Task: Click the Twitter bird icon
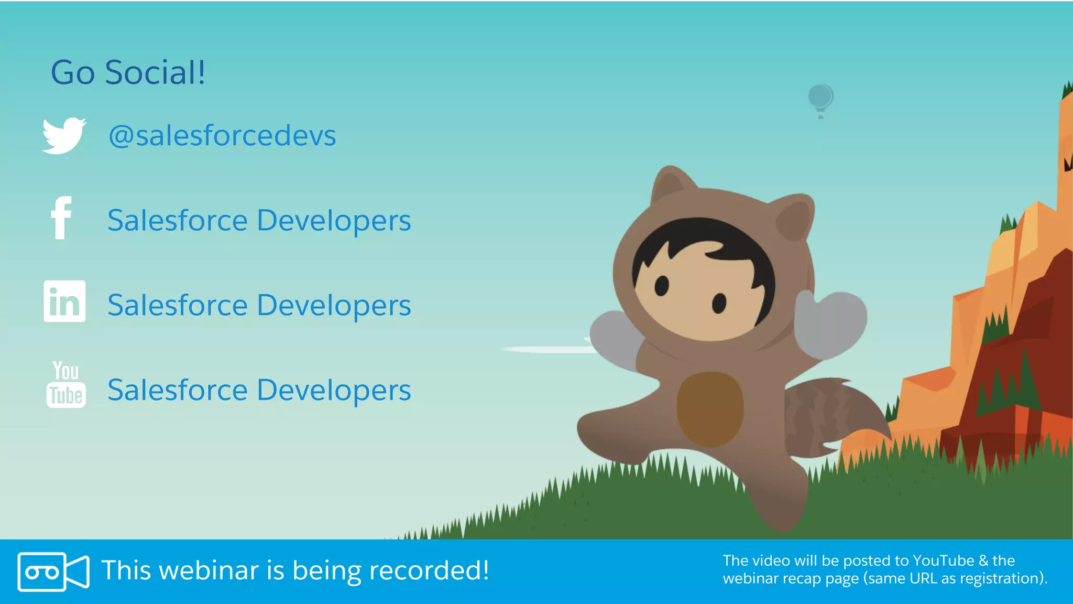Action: (64, 136)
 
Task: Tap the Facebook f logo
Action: (61, 218)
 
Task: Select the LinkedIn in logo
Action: (64, 301)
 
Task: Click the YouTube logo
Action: (66, 384)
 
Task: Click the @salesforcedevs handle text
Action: (222, 136)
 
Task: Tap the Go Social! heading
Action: (128, 72)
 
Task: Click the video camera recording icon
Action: (53, 571)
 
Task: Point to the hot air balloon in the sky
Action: (820, 98)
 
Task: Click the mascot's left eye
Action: (662, 286)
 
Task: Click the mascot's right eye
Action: (719, 303)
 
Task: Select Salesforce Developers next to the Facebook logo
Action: (259, 220)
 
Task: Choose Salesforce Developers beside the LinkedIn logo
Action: (259, 305)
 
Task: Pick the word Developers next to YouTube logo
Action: (334, 390)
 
